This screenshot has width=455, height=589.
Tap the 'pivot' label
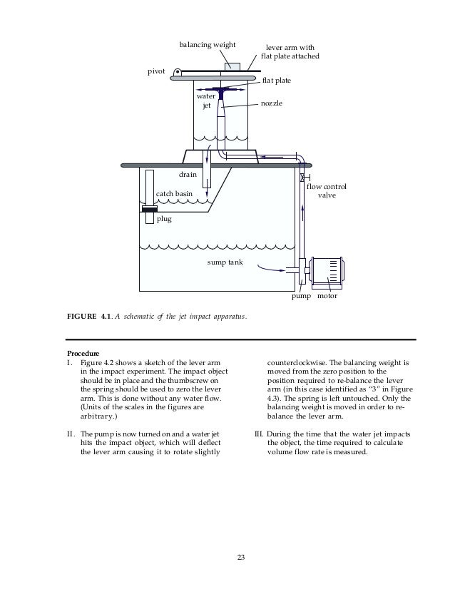coord(156,71)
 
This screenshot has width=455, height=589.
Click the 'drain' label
coord(188,174)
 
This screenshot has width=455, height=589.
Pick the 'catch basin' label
coord(174,193)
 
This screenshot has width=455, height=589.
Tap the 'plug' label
coord(164,220)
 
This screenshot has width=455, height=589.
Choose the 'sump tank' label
coord(225,262)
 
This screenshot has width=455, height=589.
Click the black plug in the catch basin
coord(150,209)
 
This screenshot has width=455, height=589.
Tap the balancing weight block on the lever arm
coord(232,67)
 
